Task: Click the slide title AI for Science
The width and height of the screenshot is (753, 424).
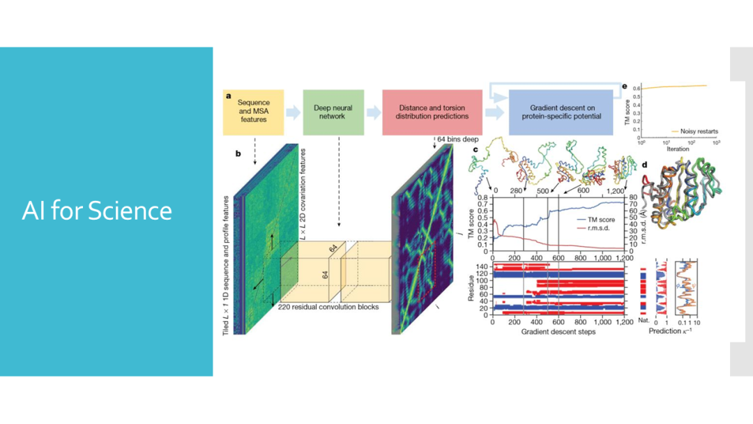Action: click(97, 211)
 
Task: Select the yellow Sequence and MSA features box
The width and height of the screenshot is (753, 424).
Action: click(253, 112)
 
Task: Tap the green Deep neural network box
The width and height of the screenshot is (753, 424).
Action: click(333, 112)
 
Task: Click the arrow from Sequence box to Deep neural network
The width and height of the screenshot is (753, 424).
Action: click(293, 112)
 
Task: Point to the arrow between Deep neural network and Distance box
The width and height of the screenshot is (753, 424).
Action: click(374, 112)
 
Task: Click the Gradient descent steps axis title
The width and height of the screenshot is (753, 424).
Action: click(558, 332)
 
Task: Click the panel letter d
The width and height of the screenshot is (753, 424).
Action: click(645, 165)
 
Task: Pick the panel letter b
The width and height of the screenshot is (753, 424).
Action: click(238, 153)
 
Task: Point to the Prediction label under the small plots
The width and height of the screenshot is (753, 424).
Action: click(666, 331)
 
